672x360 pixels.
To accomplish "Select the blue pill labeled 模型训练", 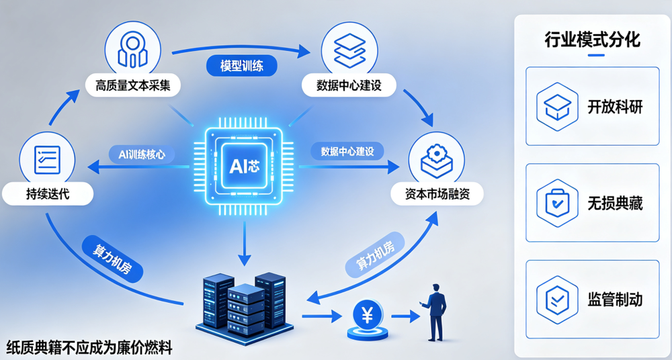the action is tap(242, 67).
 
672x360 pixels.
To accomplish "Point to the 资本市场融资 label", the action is tap(437, 195).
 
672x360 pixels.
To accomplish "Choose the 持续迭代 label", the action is tap(47, 194).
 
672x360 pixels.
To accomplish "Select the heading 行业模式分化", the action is tap(592, 40).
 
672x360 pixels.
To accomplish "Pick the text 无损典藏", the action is tap(615, 203).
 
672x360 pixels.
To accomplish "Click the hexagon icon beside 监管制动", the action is tap(557, 300).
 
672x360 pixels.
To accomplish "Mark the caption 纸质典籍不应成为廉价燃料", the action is tap(89, 347).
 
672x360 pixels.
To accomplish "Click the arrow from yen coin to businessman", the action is tap(405, 317).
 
